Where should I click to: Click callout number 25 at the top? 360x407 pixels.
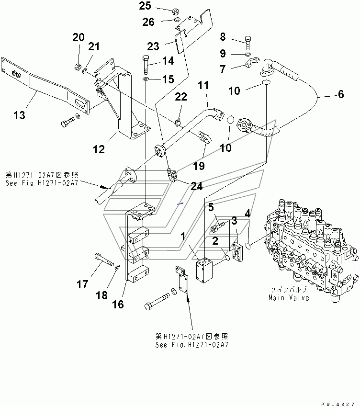(x=145, y=6)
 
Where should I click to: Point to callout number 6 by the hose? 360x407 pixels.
(x=340, y=95)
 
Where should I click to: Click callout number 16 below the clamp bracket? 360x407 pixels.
(x=118, y=304)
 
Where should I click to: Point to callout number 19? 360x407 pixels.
(x=198, y=166)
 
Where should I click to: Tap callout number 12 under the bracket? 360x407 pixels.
(x=98, y=149)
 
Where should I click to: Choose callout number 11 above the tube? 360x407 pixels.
(x=203, y=86)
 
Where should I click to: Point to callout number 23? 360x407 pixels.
(x=153, y=46)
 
